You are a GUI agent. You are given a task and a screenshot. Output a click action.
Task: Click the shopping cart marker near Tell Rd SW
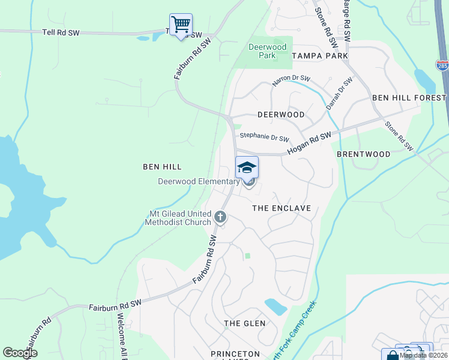coord(181,25)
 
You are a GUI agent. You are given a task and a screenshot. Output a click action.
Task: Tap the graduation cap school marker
coord(247,167)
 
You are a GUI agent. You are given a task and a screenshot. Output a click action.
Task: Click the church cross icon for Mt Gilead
coord(220,216)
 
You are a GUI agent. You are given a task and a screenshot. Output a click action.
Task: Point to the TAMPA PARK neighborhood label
coord(319,56)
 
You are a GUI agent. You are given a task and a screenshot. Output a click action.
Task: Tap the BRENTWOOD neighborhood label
coord(363,154)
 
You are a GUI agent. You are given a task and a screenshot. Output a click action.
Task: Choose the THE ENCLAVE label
coord(281,208)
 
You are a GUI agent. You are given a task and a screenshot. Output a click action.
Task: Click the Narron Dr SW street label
coord(291,79)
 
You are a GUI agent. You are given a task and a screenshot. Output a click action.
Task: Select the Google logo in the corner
coord(20,353)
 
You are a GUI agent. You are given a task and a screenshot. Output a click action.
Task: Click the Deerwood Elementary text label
coord(198,182)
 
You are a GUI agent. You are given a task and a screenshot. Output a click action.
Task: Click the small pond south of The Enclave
coord(276,307)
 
